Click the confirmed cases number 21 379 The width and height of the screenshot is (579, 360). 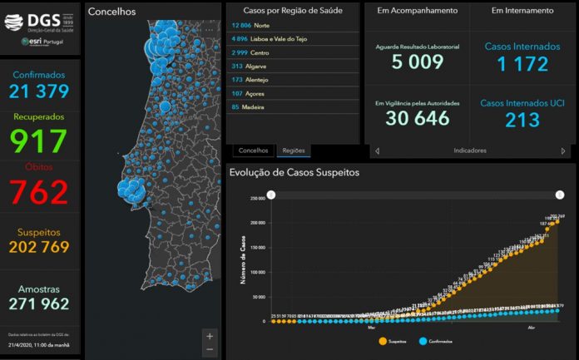39,91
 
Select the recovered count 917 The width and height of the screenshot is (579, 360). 39,140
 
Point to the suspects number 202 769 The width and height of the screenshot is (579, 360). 39,247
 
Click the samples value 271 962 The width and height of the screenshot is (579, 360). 39,303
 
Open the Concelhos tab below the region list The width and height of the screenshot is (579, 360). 253,150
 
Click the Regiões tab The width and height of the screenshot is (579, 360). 294,150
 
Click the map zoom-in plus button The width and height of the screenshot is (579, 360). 210,336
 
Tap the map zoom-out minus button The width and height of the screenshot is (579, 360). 210,350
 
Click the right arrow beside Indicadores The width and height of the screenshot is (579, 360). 563,151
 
